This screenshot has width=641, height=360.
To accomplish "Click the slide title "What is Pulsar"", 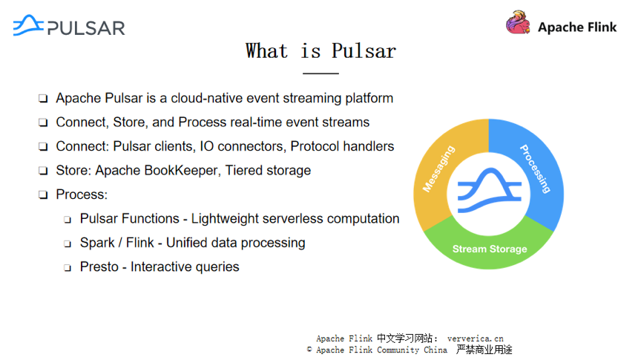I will (x=320, y=50).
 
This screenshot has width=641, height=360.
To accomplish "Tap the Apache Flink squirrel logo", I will (x=518, y=23).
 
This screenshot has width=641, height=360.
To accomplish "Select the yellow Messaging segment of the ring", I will (x=438, y=170).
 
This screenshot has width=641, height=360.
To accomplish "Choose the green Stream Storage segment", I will (x=490, y=249).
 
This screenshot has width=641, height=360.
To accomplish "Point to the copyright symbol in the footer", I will (x=309, y=350).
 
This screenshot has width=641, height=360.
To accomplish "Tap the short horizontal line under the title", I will (x=320, y=73).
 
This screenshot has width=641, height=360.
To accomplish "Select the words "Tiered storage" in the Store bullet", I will (x=268, y=171).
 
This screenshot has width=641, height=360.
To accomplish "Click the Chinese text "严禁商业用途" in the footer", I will (x=484, y=350).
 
